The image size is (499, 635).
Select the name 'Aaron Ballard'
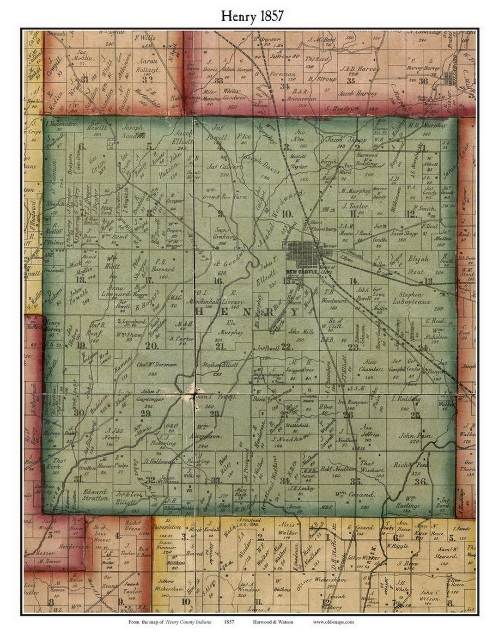147,65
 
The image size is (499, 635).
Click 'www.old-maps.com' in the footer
333,622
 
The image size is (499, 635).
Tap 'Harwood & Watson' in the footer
273,622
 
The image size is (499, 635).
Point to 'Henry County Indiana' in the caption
189,622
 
